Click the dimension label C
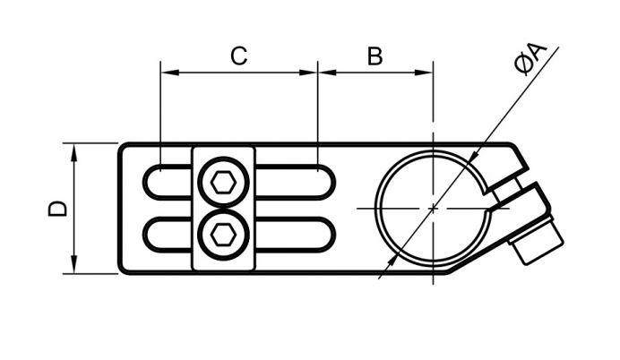click(238, 56)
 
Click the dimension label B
click(375, 56)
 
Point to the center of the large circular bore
click(433, 208)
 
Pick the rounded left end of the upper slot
click(149, 181)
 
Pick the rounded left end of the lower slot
click(149, 235)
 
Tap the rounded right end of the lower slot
click(329, 235)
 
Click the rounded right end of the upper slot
click(329, 181)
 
